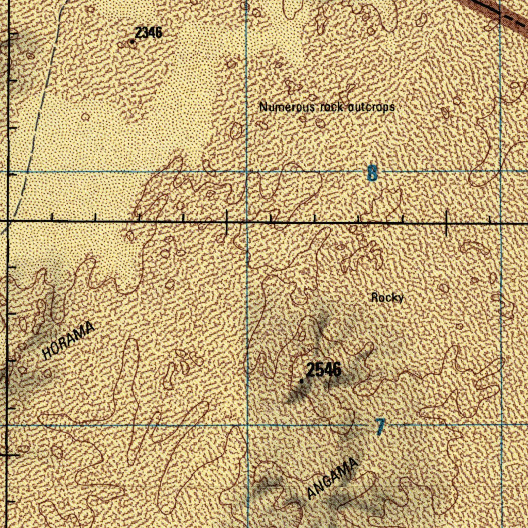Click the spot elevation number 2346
pyautogui.click(x=149, y=32)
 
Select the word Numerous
pyautogui.click(x=286, y=107)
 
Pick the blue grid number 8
pyautogui.click(x=372, y=174)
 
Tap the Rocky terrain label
pyautogui.click(x=387, y=298)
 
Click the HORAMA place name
pyautogui.click(x=69, y=340)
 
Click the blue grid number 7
pyautogui.click(x=380, y=426)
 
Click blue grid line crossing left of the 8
pyautogui.click(x=246, y=171)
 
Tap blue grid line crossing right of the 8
pyautogui.click(x=500, y=171)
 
